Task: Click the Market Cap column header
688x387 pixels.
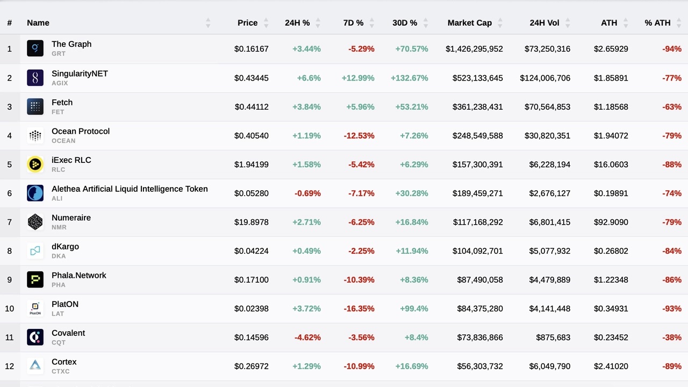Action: click(x=469, y=23)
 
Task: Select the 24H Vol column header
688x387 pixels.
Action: click(x=544, y=23)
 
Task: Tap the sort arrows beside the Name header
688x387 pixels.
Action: click(x=208, y=23)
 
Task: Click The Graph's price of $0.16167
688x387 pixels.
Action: click(x=251, y=49)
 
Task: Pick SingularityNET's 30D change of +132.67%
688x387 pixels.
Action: click(x=409, y=78)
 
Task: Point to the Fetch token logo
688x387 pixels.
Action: click(x=35, y=106)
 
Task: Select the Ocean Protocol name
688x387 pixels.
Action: click(x=81, y=131)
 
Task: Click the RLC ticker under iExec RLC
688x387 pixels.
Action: click(x=58, y=169)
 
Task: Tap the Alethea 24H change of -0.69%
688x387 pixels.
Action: click(x=307, y=193)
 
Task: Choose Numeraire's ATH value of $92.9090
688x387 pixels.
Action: click(x=611, y=222)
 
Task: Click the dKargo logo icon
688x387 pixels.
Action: click(x=35, y=250)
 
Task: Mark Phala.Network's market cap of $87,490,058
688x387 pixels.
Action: click(x=480, y=279)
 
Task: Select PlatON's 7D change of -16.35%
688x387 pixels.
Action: click(x=359, y=309)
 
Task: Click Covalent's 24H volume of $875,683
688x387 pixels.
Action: click(x=553, y=338)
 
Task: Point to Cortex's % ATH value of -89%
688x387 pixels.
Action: click(x=672, y=366)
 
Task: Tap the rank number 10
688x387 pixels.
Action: click(x=9, y=309)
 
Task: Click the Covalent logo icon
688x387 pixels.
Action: click(x=35, y=337)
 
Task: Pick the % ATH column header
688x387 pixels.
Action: click(x=657, y=23)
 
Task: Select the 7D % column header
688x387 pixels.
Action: click(x=353, y=23)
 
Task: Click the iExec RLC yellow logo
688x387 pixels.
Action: click(x=35, y=164)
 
